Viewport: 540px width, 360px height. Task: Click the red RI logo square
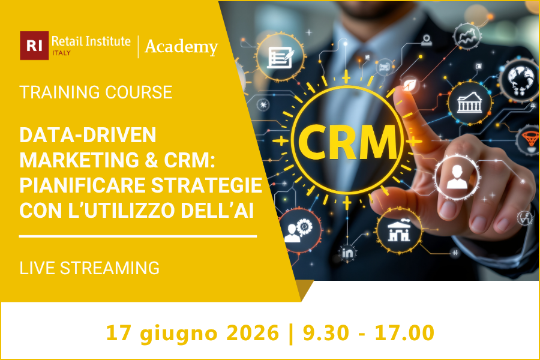coord(34,46)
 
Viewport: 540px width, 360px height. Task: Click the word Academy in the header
coord(181,46)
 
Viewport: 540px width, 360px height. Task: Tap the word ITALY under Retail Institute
coord(61,53)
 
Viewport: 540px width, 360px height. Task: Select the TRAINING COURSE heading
coord(96,92)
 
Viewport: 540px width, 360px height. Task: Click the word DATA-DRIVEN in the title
coord(88,136)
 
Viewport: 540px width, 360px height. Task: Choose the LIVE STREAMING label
coord(89,268)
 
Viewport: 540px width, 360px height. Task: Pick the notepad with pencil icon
coord(280,56)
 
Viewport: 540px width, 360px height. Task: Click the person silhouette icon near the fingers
coord(456,175)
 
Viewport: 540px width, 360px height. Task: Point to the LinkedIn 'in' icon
coord(347,254)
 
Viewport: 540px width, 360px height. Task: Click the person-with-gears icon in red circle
coord(298,231)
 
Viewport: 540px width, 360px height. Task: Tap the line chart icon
coord(466,36)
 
